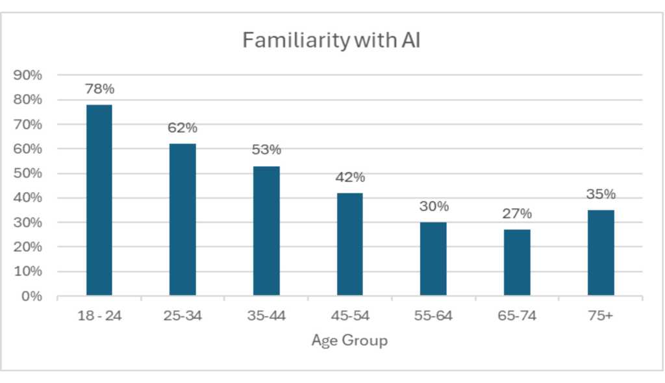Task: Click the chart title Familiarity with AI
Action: [x=332, y=40]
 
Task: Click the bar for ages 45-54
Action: [x=350, y=244]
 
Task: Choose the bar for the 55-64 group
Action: [x=433, y=259]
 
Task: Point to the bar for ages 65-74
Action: [x=517, y=262]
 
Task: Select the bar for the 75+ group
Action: [x=601, y=253]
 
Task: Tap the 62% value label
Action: [x=182, y=129]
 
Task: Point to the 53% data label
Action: [x=266, y=151]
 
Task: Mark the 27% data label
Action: [x=517, y=214]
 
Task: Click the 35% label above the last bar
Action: [x=601, y=195]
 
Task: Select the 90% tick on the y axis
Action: [x=28, y=75]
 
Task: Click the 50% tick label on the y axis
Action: [x=28, y=173]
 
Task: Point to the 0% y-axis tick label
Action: [x=31, y=297]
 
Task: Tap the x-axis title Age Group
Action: [x=349, y=340]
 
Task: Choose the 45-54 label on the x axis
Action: [x=350, y=317]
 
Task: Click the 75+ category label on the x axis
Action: [x=601, y=317]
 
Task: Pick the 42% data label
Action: [x=350, y=178]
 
